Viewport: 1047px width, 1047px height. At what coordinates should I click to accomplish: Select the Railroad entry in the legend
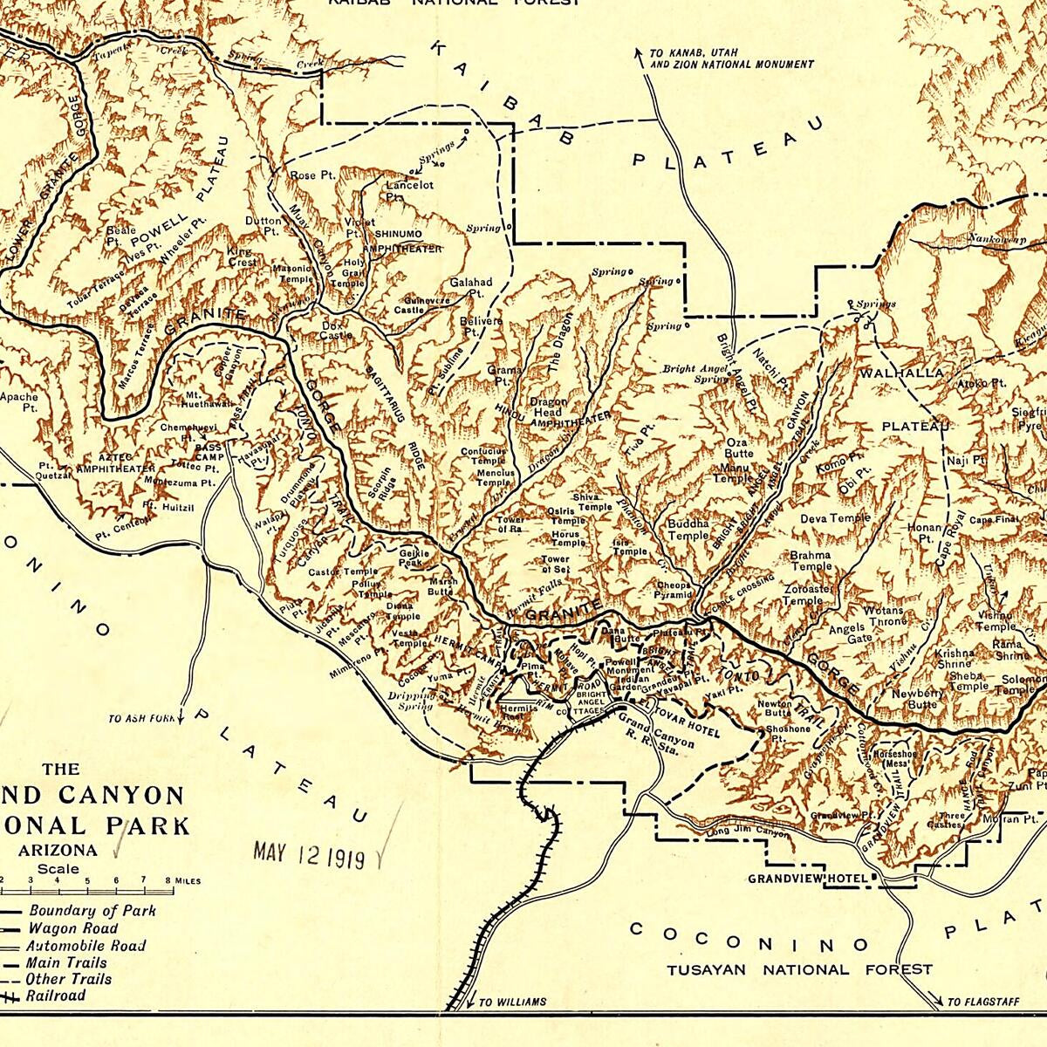[x=54, y=996]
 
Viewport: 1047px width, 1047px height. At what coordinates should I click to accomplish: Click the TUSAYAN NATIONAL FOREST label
[x=799, y=968]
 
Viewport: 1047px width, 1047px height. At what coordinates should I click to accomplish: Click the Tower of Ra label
[x=510, y=523]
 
